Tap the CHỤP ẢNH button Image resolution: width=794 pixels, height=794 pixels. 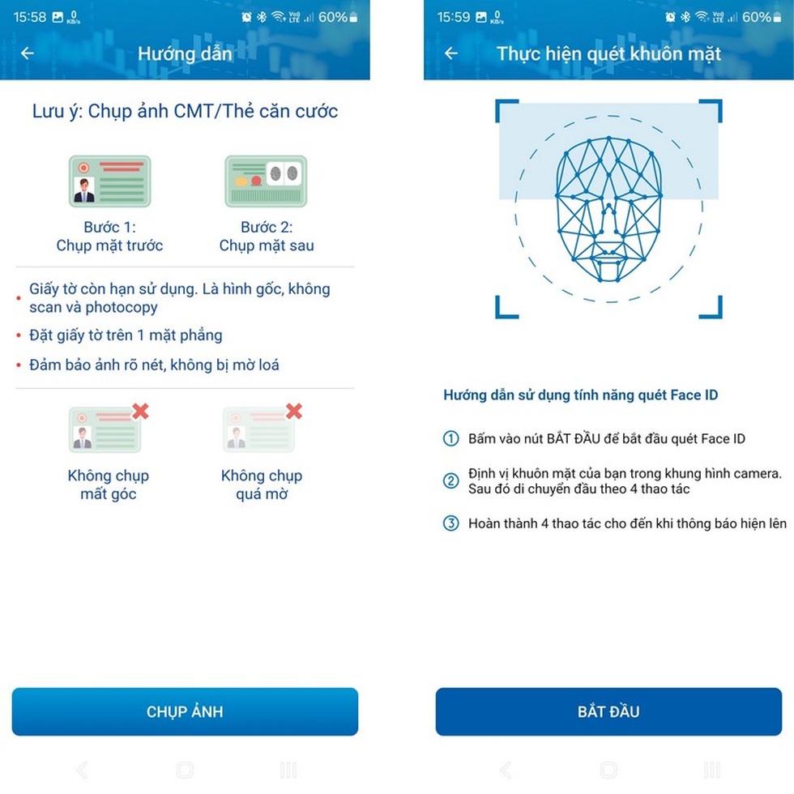point(185,711)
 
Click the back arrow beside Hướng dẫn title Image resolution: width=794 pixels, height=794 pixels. point(28,53)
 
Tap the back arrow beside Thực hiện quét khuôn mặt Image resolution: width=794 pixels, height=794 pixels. point(451,53)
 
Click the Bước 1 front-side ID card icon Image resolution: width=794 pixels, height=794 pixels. point(109,181)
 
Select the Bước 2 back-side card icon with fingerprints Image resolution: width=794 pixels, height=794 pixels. point(266,181)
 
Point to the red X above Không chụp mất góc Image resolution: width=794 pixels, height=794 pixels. point(140,412)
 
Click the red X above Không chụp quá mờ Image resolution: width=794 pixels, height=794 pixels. point(293,412)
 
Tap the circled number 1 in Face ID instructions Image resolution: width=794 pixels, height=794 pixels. point(451,439)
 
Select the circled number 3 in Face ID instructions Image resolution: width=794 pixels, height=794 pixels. point(451,523)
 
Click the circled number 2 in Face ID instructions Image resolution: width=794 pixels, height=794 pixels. point(451,481)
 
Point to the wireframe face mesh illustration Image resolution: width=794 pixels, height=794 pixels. point(608,210)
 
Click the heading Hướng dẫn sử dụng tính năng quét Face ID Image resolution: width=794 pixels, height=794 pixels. point(580,395)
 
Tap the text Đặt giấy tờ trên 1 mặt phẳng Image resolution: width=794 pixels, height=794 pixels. point(126,335)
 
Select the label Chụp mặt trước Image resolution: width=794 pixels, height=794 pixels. point(109,245)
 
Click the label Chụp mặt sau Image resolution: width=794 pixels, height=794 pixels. point(266,245)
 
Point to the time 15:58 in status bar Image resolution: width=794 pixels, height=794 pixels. point(30,17)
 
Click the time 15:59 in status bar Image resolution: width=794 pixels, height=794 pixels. point(454,17)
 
